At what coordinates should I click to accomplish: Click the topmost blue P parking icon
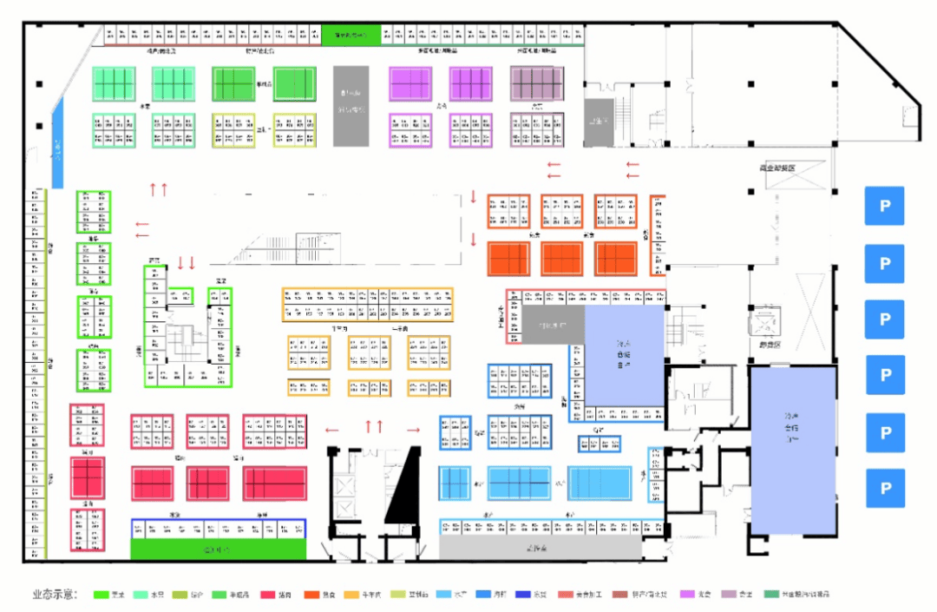(x=884, y=206)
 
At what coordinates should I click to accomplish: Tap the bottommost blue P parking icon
(x=884, y=488)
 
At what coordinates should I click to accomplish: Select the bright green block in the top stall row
(x=351, y=36)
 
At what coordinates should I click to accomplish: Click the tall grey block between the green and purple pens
(x=352, y=105)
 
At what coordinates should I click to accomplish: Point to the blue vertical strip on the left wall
(x=58, y=142)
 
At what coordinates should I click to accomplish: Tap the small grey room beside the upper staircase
(x=598, y=122)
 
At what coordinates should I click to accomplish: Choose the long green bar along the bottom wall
(x=218, y=549)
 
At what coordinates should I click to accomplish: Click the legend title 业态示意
(x=55, y=596)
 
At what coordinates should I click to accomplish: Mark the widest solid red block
(x=274, y=484)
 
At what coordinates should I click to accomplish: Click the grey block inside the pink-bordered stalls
(x=553, y=326)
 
